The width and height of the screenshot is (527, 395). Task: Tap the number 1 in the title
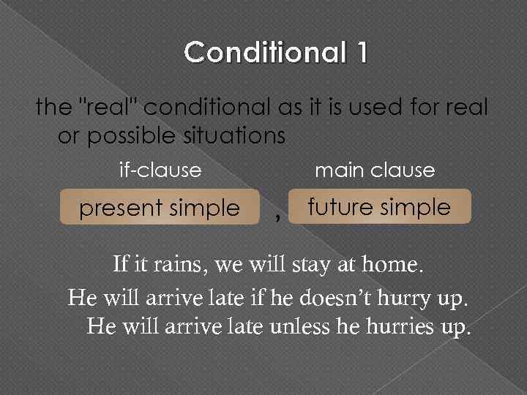tap(359, 53)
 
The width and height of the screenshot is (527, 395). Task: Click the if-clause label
tap(160, 170)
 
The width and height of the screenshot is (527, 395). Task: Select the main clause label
tap(374, 170)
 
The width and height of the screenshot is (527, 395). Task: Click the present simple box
tap(160, 208)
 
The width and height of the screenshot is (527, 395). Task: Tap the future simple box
tap(379, 207)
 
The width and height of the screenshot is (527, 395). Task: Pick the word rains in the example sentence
tap(178, 264)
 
